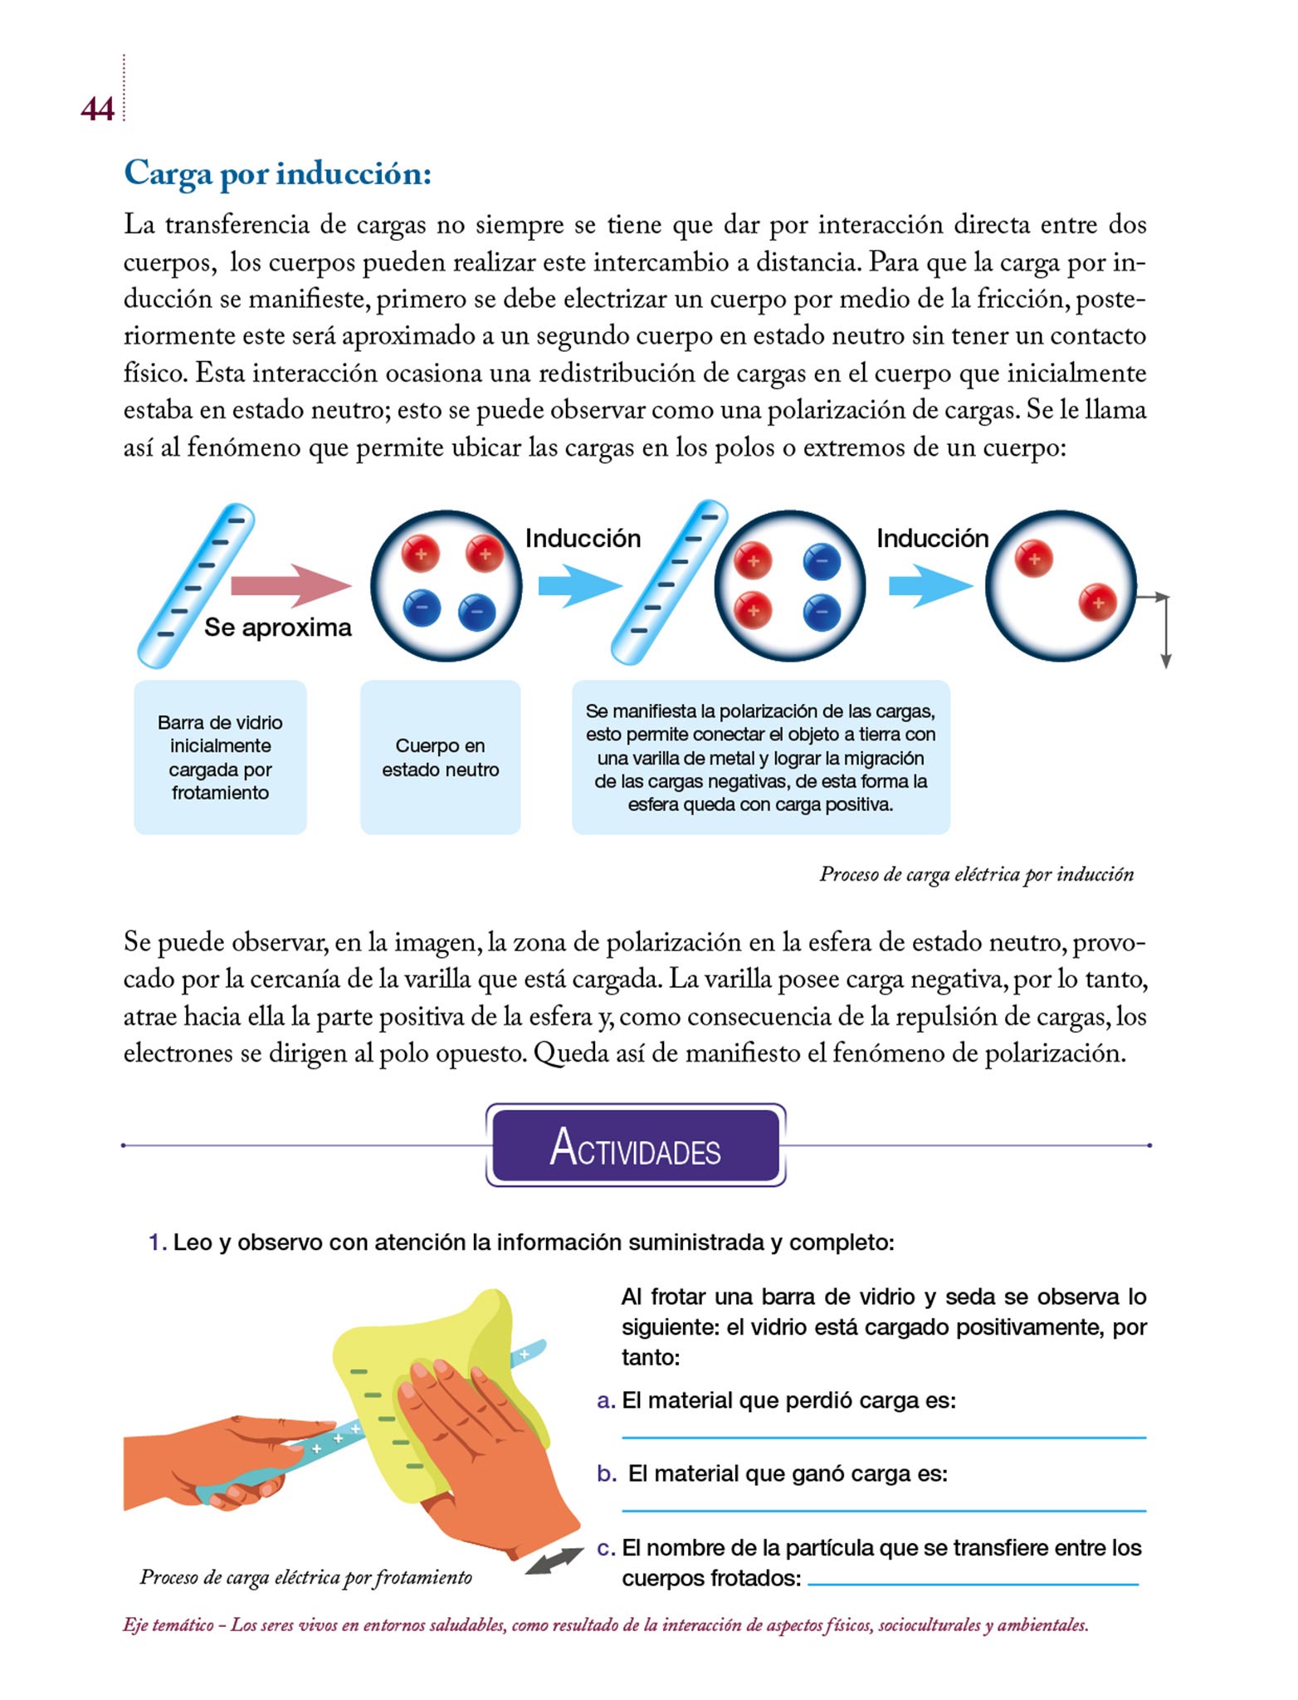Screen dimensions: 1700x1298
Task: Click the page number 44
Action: (x=97, y=109)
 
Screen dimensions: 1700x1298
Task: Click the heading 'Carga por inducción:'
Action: (x=277, y=173)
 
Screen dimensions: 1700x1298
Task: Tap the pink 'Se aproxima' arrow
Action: (x=290, y=585)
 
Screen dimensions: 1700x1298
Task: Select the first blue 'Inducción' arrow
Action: (x=578, y=585)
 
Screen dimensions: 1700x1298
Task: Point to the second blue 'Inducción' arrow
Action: (x=930, y=585)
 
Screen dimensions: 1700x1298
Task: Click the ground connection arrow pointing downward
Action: (x=1165, y=635)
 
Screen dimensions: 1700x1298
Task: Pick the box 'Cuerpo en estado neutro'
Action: (x=440, y=757)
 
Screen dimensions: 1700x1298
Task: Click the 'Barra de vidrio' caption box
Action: (x=220, y=757)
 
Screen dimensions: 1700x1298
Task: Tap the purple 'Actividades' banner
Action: (x=635, y=1145)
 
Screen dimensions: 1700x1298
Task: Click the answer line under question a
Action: (x=883, y=1437)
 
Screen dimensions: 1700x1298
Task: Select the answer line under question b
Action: (x=883, y=1510)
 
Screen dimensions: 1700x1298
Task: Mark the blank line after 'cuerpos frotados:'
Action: (x=972, y=1584)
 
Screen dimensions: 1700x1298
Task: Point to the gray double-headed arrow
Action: (x=554, y=1561)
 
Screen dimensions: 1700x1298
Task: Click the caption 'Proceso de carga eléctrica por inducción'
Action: (x=976, y=874)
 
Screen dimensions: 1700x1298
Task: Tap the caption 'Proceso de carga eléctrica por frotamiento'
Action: (x=305, y=1577)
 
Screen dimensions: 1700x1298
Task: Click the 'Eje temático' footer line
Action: (x=605, y=1625)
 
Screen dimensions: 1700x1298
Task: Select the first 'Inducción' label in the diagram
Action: (x=583, y=538)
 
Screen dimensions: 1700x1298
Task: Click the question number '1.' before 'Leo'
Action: (x=157, y=1243)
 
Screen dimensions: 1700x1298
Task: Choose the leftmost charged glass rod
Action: (x=196, y=585)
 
